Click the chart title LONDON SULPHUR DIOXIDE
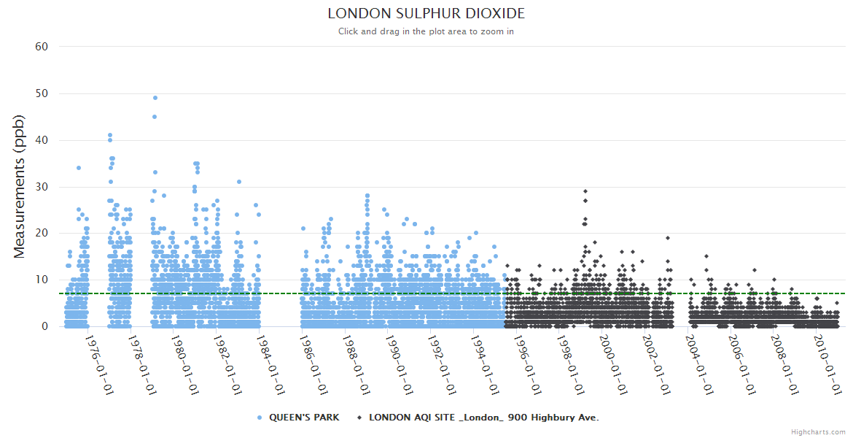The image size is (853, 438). pyautogui.click(x=426, y=14)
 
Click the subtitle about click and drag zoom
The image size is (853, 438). pyautogui.click(x=426, y=31)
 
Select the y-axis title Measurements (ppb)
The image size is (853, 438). pyautogui.click(x=20, y=186)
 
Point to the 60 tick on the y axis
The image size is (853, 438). pyautogui.click(x=42, y=47)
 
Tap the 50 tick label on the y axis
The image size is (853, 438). pyautogui.click(x=42, y=93)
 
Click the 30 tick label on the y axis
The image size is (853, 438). pyautogui.click(x=42, y=187)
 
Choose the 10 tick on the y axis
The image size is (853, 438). pyautogui.click(x=42, y=280)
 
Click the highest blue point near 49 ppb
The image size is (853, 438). pyautogui.click(x=155, y=98)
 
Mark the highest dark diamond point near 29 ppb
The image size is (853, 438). pyautogui.click(x=585, y=191)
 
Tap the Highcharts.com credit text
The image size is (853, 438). pyautogui.click(x=818, y=431)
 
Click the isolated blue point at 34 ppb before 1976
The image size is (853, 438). pyautogui.click(x=79, y=168)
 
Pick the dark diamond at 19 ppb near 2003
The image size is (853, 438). pyautogui.click(x=667, y=238)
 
